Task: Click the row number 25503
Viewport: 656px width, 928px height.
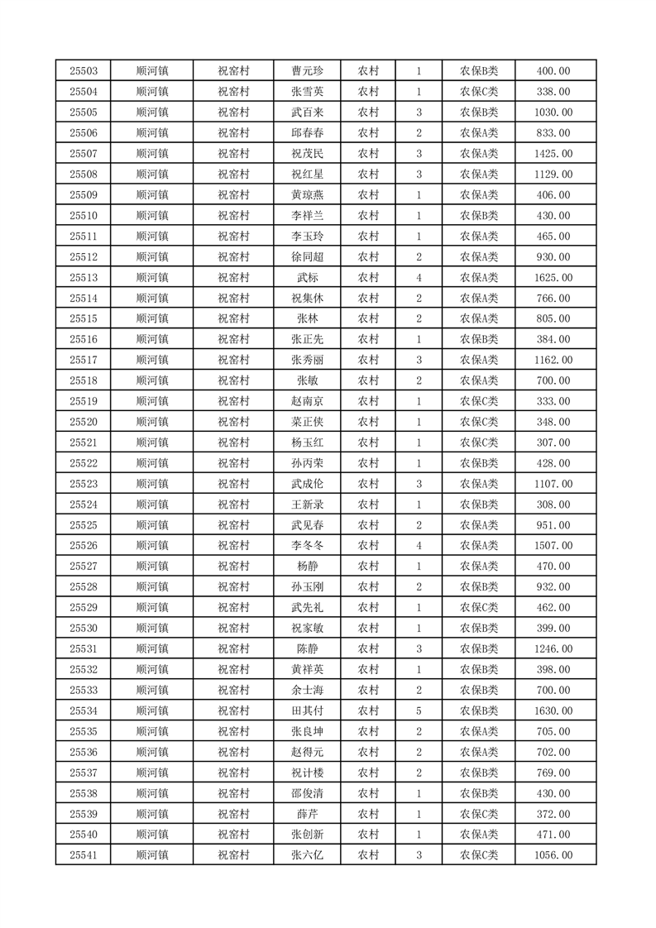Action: tap(84, 71)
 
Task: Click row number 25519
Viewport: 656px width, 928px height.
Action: tap(84, 401)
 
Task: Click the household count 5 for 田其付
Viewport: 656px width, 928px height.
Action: tap(419, 710)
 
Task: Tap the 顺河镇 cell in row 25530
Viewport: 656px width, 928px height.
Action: tap(151, 628)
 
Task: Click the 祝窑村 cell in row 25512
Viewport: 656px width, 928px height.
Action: tap(233, 257)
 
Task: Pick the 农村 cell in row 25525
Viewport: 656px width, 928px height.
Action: tap(368, 525)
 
